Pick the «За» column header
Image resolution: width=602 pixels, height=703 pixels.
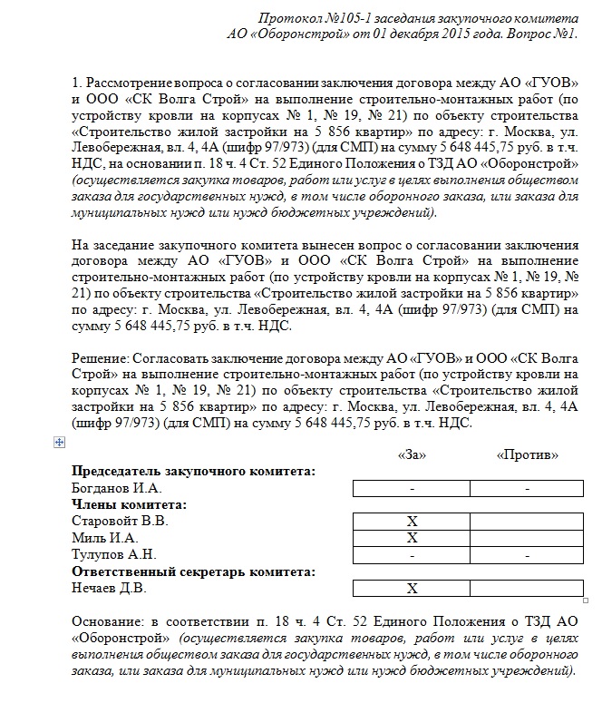click(x=412, y=454)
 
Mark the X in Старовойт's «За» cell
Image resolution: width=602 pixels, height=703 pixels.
click(x=412, y=522)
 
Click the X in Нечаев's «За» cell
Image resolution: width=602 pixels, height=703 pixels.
click(x=412, y=589)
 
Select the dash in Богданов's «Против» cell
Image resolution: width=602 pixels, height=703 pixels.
click(x=527, y=489)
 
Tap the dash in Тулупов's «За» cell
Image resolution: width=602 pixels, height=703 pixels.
click(x=412, y=555)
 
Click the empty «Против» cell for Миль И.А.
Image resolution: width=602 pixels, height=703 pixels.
click(x=527, y=538)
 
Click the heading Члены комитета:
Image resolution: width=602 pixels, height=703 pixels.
click(x=129, y=504)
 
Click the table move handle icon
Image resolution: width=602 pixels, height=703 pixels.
click(x=60, y=442)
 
